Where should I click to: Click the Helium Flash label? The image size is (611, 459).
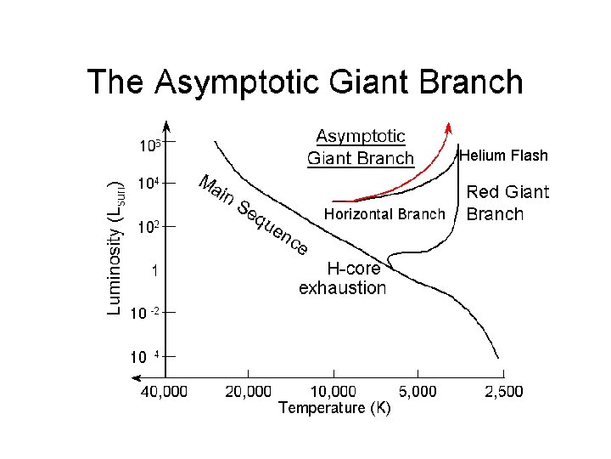[x=503, y=156]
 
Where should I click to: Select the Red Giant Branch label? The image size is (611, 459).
[x=507, y=203]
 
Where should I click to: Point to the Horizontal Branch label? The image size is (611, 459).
[x=384, y=214]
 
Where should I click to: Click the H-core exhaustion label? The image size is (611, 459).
[x=343, y=278]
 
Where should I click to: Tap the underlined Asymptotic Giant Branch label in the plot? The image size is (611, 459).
[x=361, y=147]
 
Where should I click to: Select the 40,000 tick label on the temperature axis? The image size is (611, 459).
[x=164, y=392]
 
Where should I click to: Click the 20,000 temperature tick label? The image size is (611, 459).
[x=248, y=392]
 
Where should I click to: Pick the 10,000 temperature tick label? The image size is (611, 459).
[x=333, y=392]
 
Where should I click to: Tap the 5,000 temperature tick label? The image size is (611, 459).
[x=418, y=392]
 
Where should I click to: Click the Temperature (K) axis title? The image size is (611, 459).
[x=334, y=409]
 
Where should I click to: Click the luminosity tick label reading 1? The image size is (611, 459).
[x=153, y=271]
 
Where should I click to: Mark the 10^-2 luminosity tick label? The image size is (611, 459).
[x=143, y=313]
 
